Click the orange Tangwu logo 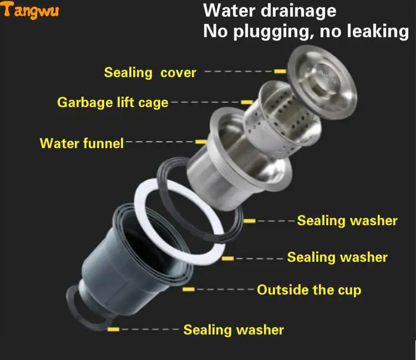(29, 10)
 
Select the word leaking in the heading (378, 31)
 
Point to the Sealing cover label (150, 73)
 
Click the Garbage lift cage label (113, 103)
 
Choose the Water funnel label (82, 143)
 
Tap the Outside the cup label (309, 290)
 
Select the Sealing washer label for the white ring (337, 257)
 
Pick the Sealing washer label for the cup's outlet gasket (234, 330)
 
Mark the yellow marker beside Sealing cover (280, 71)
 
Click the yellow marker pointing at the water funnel (201, 142)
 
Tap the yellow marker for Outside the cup (189, 289)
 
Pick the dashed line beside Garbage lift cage (206, 102)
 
